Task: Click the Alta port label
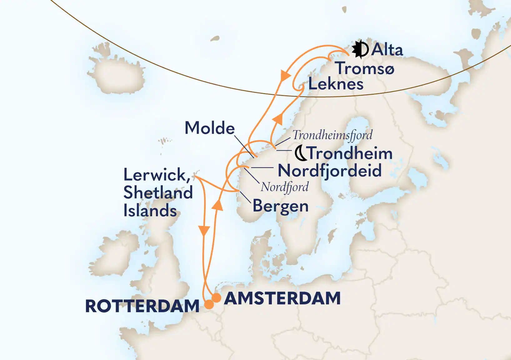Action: pyautogui.click(x=387, y=50)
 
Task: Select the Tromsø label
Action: pyautogui.click(x=365, y=68)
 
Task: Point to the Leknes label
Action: pyautogui.click(x=336, y=84)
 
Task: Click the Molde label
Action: pyautogui.click(x=210, y=128)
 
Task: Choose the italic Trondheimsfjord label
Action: pyautogui.click(x=332, y=135)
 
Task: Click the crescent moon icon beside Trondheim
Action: pyautogui.click(x=300, y=153)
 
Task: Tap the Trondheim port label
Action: pyautogui.click(x=350, y=153)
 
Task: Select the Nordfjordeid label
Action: pyautogui.click(x=330, y=171)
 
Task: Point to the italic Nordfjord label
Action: pyautogui.click(x=285, y=187)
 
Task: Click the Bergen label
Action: pyautogui.click(x=280, y=206)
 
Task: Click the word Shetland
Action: pyautogui.click(x=158, y=192)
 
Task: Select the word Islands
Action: pyautogui.click(x=150, y=210)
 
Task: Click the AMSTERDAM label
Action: pyautogui.click(x=282, y=298)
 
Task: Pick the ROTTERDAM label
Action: pyautogui.click(x=142, y=306)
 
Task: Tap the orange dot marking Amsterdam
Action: pyautogui.click(x=216, y=297)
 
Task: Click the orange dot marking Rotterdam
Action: pyautogui.click(x=209, y=304)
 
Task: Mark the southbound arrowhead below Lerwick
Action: pyautogui.click(x=204, y=231)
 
